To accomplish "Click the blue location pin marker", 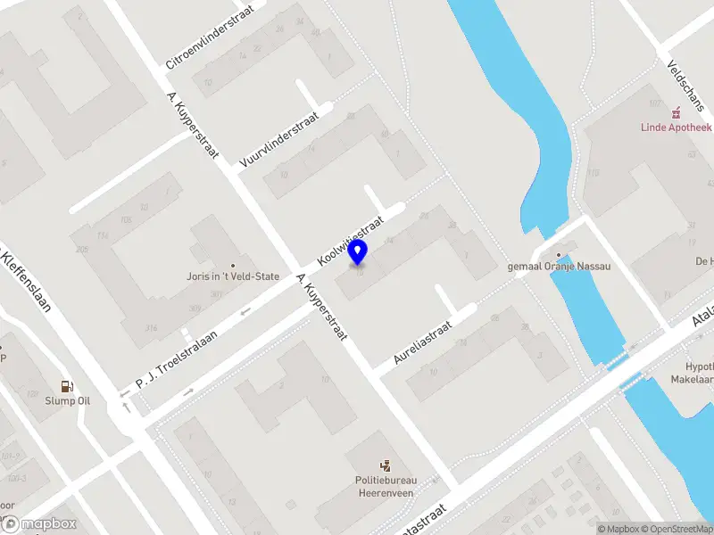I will click(358, 252).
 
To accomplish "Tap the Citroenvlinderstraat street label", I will click(210, 36).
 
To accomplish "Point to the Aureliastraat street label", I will click(423, 342).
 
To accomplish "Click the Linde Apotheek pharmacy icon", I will click(677, 111).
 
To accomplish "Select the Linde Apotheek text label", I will click(677, 127).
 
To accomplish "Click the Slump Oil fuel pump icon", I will click(66, 386).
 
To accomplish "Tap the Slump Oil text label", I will click(68, 400).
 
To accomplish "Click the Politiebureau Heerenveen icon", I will click(386, 465).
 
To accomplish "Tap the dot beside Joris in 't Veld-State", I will click(233, 265).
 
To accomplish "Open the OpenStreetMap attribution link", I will click(677, 529).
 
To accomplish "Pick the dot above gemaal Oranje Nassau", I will click(559, 254).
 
